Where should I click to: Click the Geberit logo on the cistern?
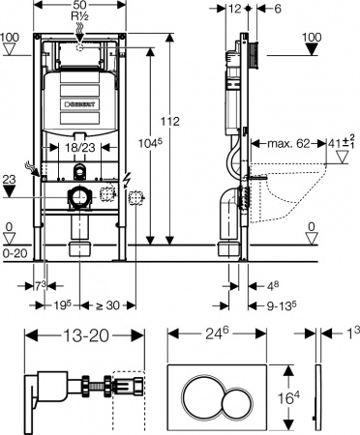click(79, 104)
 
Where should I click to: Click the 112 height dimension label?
click(170, 122)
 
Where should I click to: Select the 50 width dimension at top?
click(79, 5)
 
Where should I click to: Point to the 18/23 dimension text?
click(80, 147)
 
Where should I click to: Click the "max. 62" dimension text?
click(288, 143)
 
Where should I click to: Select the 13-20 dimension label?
click(85, 335)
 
